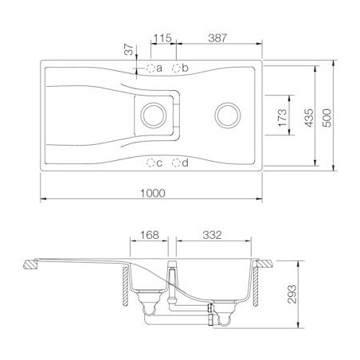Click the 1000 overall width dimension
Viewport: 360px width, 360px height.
(153, 193)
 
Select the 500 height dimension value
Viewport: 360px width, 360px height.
(327, 118)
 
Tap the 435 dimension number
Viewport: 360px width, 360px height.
(309, 118)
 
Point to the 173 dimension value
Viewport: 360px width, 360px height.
(282, 118)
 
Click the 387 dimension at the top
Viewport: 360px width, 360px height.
(217, 38)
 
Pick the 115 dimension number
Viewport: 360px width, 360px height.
(163, 38)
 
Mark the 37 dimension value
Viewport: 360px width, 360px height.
(129, 49)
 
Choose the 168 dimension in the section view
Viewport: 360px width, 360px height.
(149, 235)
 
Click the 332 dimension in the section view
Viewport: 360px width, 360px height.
(212, 235)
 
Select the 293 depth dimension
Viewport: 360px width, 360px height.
(292, 294)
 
